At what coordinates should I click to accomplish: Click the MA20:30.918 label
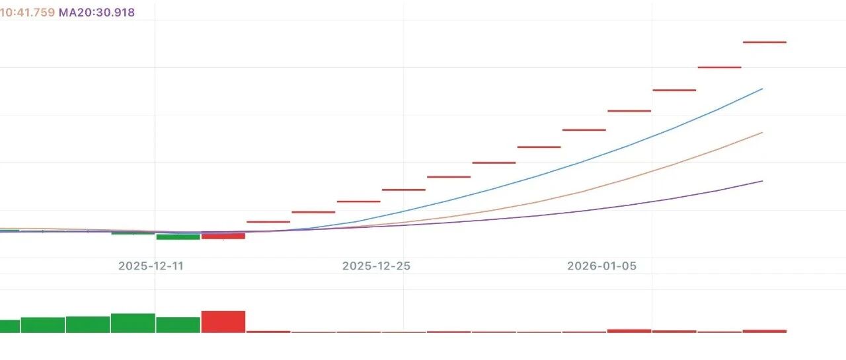click(x=96, y=13)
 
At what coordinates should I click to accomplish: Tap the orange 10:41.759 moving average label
click(x=27, y=13)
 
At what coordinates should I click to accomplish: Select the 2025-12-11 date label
click(x=151, y=266)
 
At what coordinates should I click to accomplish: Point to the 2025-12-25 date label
click(x=376, y=266)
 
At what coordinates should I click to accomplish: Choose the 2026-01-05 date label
click(x=601, y=266)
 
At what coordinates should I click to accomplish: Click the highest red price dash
click(x=765, y=42)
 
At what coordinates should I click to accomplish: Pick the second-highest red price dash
click(x=720, y=67)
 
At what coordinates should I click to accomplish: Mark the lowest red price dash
click(x=268, y=222)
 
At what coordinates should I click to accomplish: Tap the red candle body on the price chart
click(x=223, y=236)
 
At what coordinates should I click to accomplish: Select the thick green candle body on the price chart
click(x=178, y=236)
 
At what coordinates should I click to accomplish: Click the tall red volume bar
click(x=223, y=322)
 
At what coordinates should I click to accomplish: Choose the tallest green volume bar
click(x=133, y=323)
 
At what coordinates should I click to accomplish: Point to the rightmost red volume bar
click(x=765, y=331)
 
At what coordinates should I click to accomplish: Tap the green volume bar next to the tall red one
click(x=178, y=325)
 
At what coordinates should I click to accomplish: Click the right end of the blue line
click(x=762, y=89)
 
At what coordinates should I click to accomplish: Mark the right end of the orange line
click(x=762, y=133)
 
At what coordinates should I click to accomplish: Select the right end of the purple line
click(x=762, y=181)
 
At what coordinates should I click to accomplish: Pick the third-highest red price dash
click(x=674, y=90)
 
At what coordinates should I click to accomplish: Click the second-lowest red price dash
click(x=313, y=212)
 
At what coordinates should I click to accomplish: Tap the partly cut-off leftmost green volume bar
click(x=9, y=326)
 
